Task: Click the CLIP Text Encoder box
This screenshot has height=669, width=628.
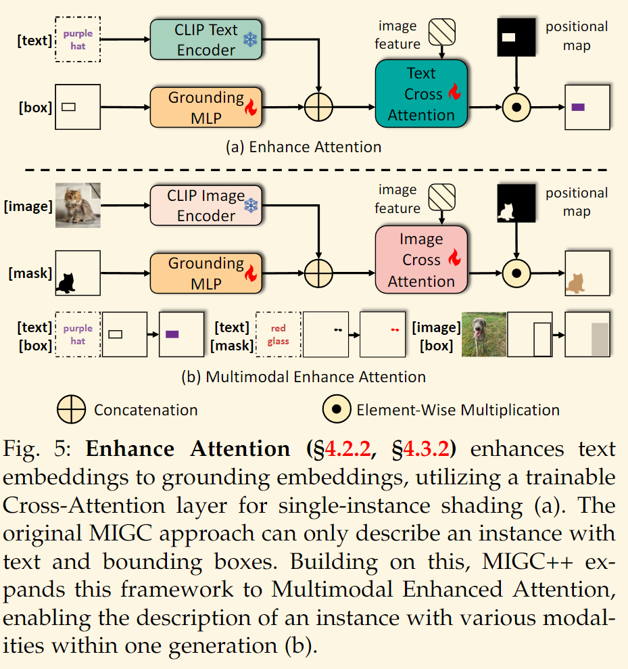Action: [206, 40]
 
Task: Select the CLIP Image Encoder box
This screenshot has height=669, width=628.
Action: [206, 205]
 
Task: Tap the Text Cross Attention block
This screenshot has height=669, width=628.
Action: [421, 94]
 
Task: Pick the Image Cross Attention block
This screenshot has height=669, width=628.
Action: [421, 260]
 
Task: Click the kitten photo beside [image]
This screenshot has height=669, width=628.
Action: [78, 205]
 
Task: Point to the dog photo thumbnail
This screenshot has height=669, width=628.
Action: [484, 334]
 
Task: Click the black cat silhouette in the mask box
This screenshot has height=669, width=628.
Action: [66, 283]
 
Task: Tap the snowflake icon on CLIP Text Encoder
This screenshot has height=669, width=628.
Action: [250, 40]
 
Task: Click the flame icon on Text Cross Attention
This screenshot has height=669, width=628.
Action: [454, 92]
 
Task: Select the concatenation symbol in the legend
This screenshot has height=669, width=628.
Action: [71, 409]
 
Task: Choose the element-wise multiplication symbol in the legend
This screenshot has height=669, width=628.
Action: [337, 409]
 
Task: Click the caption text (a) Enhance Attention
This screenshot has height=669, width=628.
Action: [304, 147]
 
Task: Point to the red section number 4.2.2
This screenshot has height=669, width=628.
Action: [347, 449]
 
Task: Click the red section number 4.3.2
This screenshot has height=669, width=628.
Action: [427, 449]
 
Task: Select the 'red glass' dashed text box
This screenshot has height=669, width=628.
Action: [279, 334]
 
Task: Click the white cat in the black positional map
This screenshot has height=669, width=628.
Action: [506, 212]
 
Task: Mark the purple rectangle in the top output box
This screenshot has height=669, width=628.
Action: [578, 107]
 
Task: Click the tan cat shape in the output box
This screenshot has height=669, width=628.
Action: [575, 283]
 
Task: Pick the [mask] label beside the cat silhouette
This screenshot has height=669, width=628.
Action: [30, 273]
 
